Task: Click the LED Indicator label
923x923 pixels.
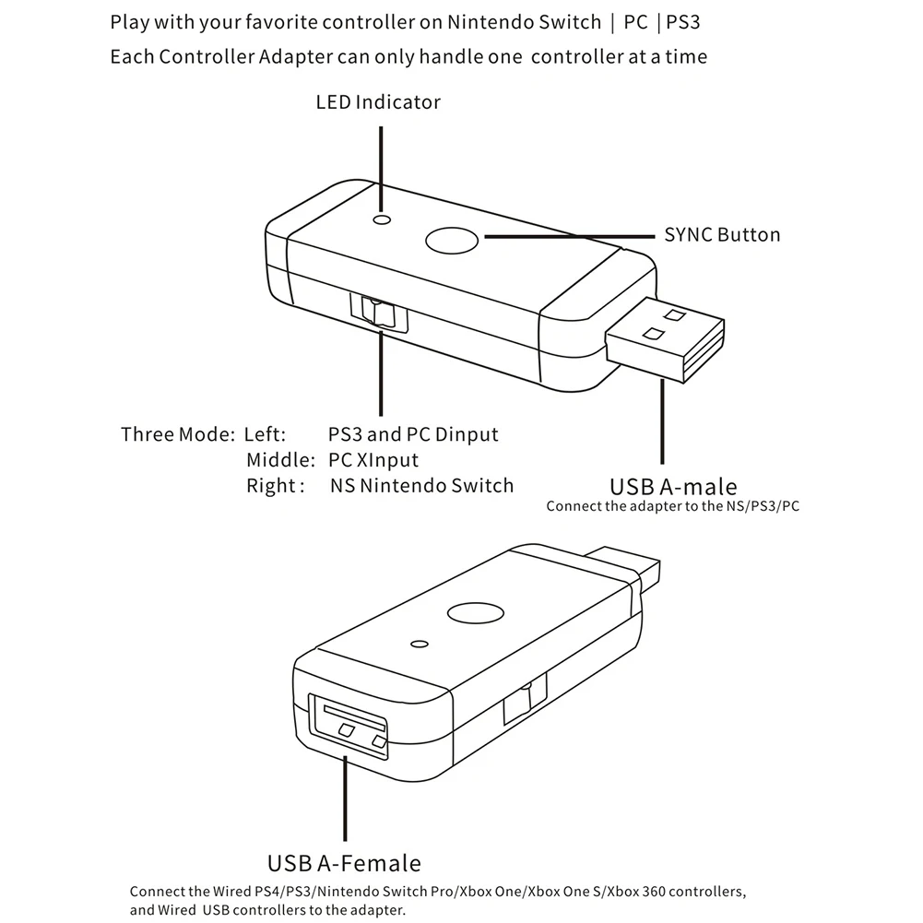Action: click(378, 101)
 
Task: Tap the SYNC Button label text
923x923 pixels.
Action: click(722, 234)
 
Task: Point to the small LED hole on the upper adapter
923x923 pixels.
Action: click(380, 219)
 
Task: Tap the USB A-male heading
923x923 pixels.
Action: click(673, 486)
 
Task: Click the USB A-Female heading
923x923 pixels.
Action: click(344, 863)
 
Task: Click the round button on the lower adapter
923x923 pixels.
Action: click(474, 613)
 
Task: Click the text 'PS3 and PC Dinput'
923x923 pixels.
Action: click(413, 433)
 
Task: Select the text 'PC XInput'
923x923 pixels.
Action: click(373, 459)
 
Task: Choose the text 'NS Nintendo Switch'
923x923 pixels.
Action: click(421, 485)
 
